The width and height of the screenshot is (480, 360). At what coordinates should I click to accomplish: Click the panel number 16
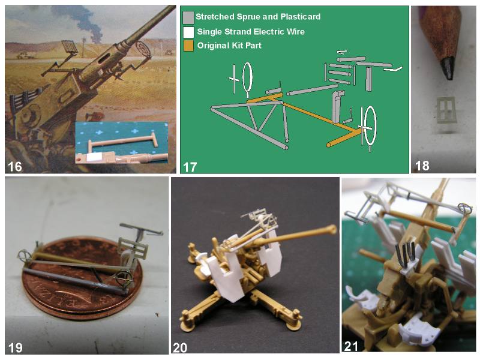[14, 167]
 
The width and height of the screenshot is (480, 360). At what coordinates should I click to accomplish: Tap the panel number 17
[190, 167]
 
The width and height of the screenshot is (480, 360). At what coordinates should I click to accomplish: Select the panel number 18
[422, 166]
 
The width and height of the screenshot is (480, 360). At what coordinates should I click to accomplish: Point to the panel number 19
[16, 347]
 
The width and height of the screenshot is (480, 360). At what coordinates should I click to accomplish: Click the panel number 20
[180, 348]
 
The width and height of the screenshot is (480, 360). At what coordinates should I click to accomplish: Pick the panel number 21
[351, 347]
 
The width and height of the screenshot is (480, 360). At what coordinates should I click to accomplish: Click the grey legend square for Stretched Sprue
[188, 17]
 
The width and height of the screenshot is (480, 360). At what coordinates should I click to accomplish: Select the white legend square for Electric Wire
[188, 32]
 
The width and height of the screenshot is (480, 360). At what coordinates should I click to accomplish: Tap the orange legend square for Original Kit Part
[188, 46]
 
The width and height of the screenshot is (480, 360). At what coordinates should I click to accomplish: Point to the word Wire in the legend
[296, 32]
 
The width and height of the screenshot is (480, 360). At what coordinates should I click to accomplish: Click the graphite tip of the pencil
[447, 68]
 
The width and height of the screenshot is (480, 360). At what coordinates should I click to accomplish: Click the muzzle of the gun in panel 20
[332, 229]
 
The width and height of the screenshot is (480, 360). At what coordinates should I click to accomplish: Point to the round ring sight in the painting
[143, 49]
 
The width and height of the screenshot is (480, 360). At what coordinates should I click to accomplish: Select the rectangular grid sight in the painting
[69, 47]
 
